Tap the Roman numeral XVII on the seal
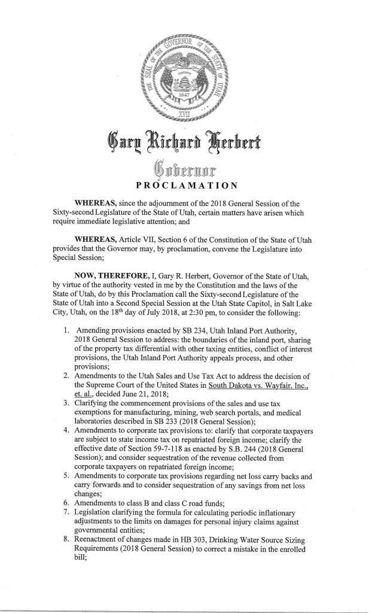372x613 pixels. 185,111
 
